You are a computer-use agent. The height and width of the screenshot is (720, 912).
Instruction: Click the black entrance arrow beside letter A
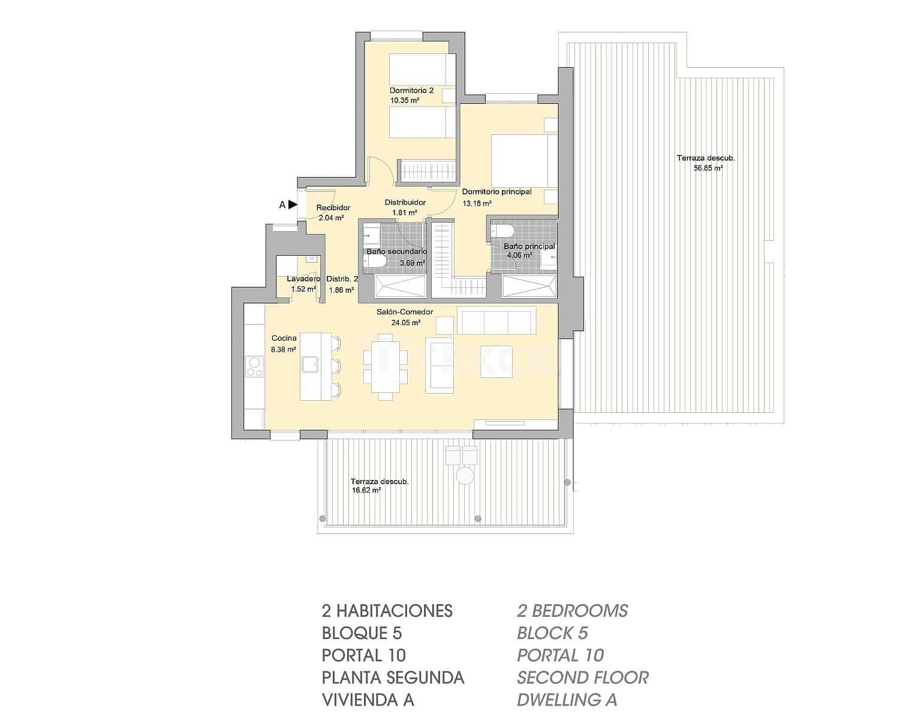pos(293,205)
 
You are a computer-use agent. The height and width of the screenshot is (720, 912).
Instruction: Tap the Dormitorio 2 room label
pos(411,91)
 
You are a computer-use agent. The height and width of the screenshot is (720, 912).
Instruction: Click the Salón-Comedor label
pos(405,312)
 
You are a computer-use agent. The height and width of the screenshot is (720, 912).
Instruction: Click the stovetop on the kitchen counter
pos(254,366)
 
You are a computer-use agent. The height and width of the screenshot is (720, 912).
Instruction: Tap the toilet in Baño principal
pos(502,230)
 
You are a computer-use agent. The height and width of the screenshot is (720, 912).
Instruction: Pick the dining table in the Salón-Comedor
pos(383,367)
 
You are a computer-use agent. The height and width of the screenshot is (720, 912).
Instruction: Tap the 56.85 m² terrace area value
pos(708,169)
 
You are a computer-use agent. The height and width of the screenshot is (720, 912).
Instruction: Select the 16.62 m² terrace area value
pos(367,490)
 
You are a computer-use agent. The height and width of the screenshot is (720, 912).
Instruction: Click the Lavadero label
pos(303,279)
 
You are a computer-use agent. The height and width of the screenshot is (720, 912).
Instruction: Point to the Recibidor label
pos(333,208)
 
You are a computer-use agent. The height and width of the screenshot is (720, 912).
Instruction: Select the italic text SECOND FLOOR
pos(582,677)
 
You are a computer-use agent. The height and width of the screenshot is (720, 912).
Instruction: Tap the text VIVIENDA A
pos(368,700)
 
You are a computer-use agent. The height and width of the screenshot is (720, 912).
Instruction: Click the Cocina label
pos(284,338)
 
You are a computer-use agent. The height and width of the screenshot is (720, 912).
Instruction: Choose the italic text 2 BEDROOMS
pos(572,611)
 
